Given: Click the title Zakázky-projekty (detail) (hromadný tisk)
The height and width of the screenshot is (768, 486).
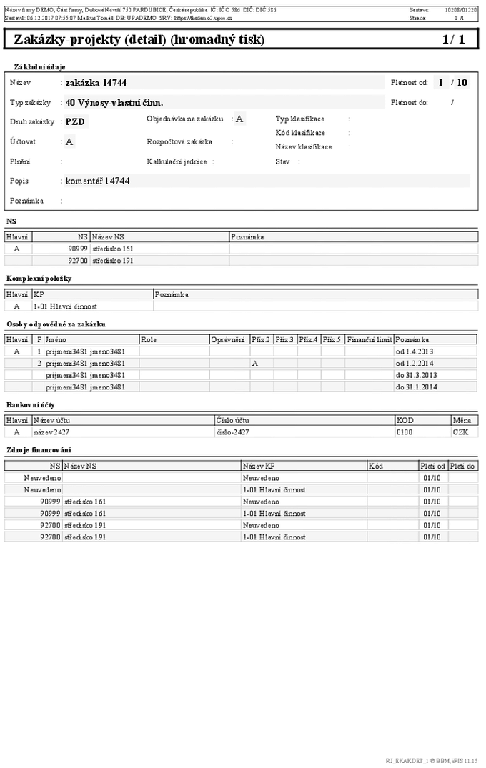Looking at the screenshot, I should pos(139,40).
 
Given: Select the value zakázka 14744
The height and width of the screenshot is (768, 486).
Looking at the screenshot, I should pos(96,83).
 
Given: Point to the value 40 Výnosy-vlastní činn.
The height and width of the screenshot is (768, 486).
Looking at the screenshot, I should pos(114,103).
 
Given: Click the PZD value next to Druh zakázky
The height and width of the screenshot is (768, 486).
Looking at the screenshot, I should pos(75,121).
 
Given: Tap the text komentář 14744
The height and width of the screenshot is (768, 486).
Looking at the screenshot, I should pos(98,181).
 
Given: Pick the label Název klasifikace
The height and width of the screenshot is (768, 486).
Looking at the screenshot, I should pos(303,146).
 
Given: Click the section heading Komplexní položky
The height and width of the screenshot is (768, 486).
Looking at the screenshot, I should pos(39,279).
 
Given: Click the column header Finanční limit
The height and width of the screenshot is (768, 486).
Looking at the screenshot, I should pos(369,339).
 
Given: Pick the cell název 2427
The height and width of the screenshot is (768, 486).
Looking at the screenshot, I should pos(51,432).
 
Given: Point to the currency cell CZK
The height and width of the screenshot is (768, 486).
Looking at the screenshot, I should pos(460,432).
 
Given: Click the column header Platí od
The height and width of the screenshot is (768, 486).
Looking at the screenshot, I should pos(433,466).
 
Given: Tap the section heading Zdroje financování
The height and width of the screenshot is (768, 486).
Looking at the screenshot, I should pos(39,450).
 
